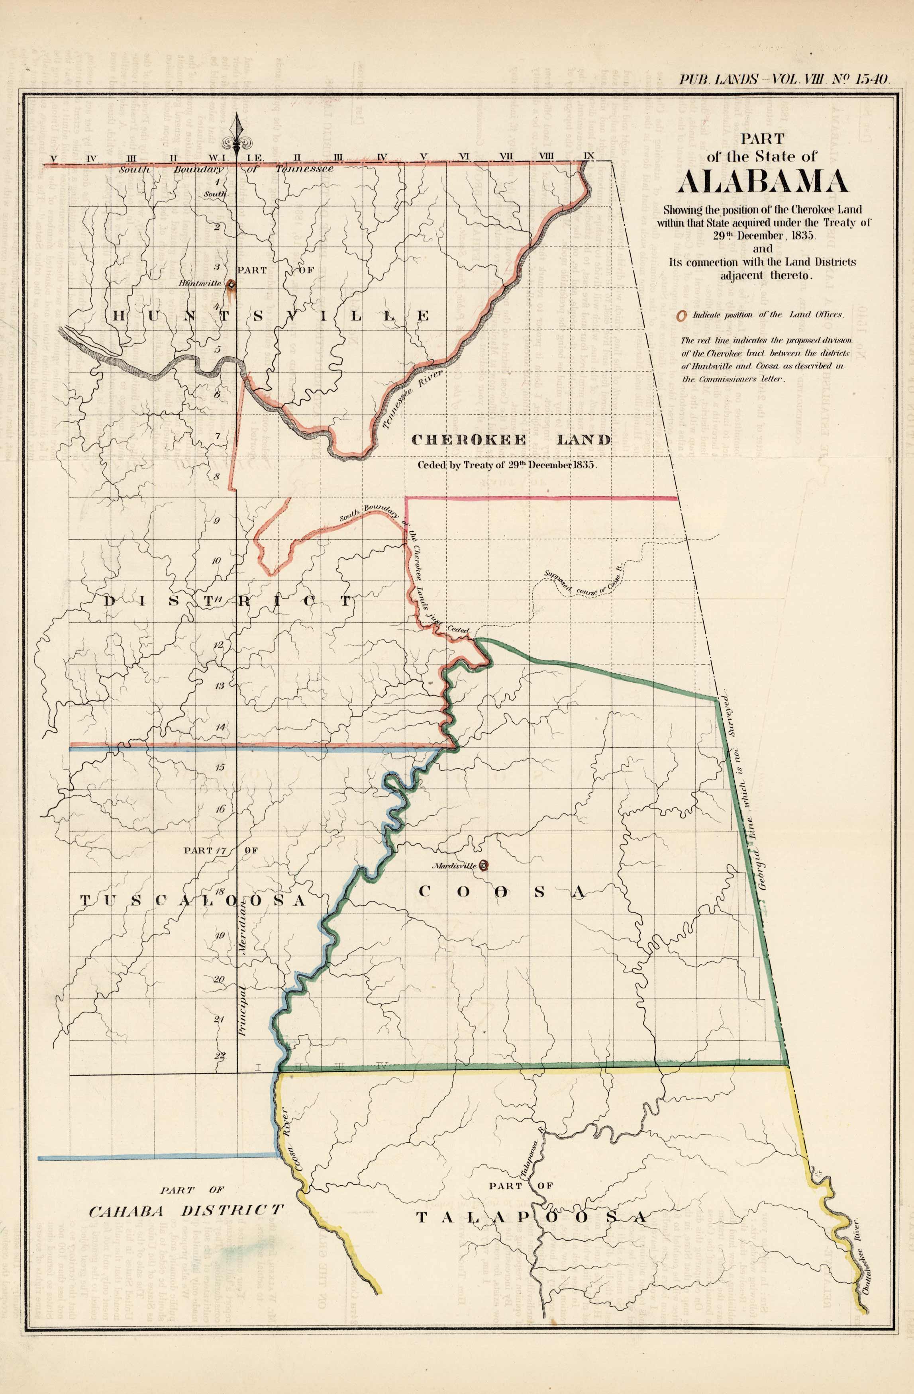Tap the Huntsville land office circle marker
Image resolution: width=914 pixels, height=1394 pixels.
[231, 285]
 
